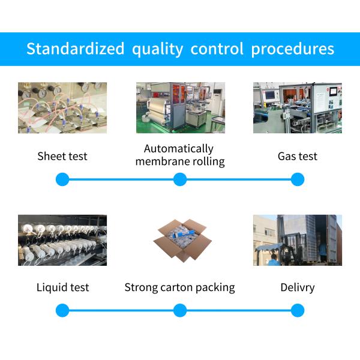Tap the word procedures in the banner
coord(292,49)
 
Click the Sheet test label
coord(62,157)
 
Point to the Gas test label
coord(298,157)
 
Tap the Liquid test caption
coord(62,287)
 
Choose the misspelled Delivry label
coord(298,287)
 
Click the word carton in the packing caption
coord(180,287)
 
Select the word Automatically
coord(179,148)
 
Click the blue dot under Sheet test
coord(62,179)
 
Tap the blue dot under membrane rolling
coord(180,179)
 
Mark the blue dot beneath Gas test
coord(298,179)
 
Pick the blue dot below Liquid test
coord(62,310)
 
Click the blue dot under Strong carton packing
coord(180,310)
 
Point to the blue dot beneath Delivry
coord(298,310)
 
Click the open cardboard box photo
coord(180,240)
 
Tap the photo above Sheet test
coord(62,108)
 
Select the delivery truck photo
coord(298,240)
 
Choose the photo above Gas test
coord(298,108)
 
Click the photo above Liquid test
coord(62,240)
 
